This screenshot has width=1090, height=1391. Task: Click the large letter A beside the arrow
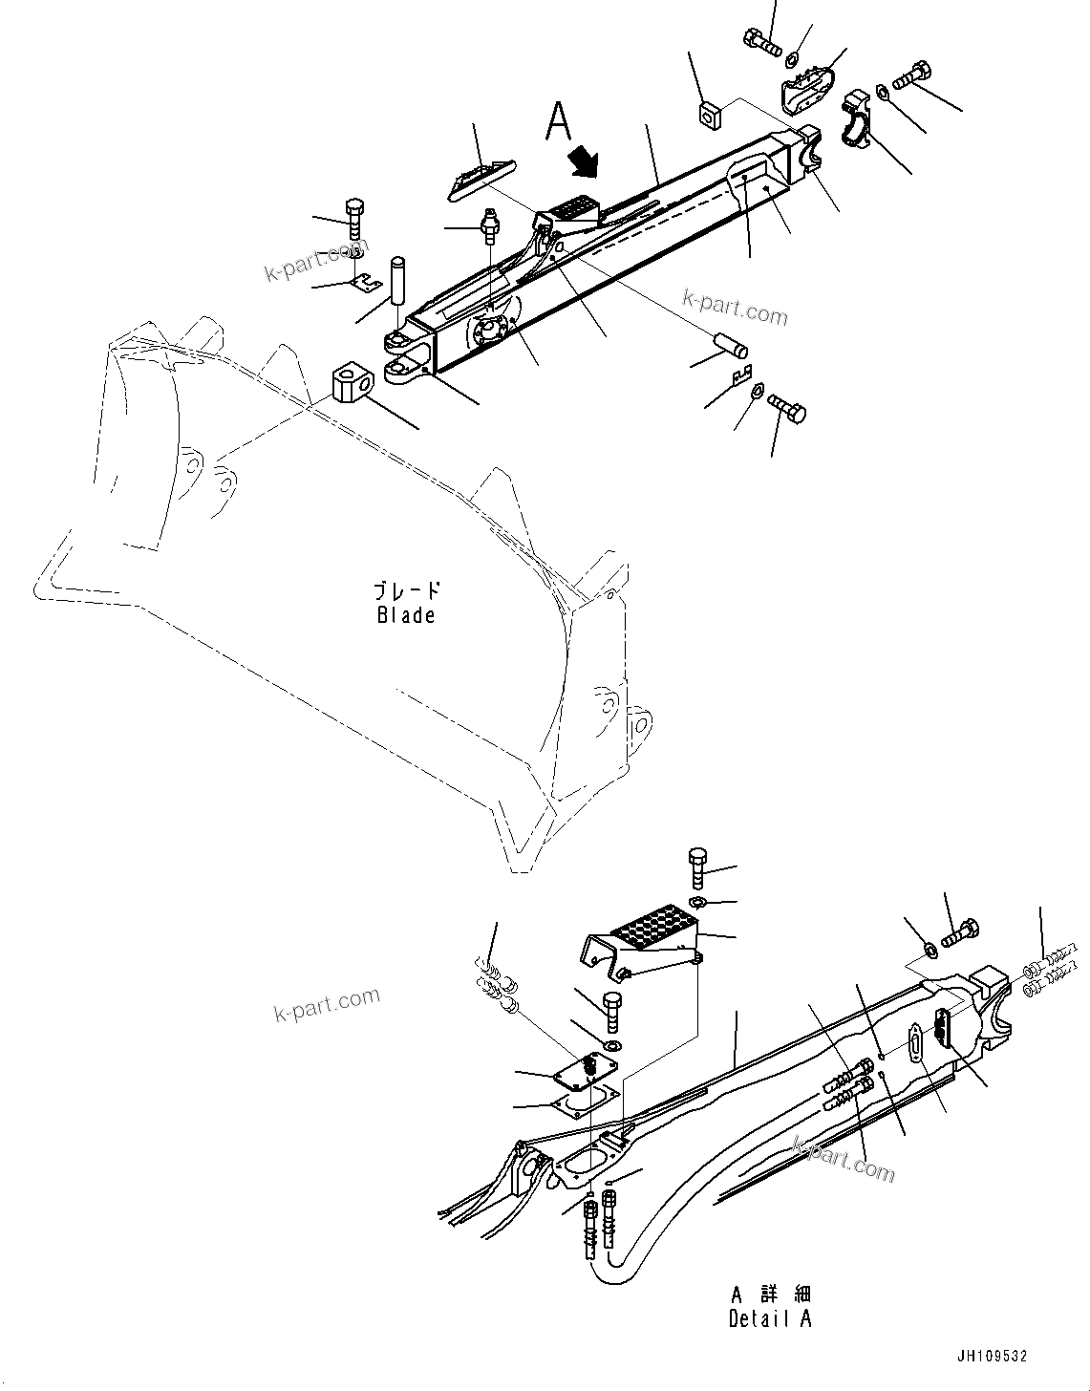tap(560, 122)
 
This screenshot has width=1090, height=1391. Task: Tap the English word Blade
tap(406, 614)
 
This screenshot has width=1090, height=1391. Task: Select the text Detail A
tap(770, 1319)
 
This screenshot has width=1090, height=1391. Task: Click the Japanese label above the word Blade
tap(407, 590)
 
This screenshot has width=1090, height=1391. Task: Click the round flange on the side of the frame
tap(490, 334)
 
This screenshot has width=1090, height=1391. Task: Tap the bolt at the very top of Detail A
tap(697, 867)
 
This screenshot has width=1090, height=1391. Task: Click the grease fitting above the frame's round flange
tap(490, 225)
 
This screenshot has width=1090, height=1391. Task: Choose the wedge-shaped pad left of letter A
tap(479, 179)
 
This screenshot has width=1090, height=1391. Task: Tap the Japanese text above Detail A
tap(770, 1295)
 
